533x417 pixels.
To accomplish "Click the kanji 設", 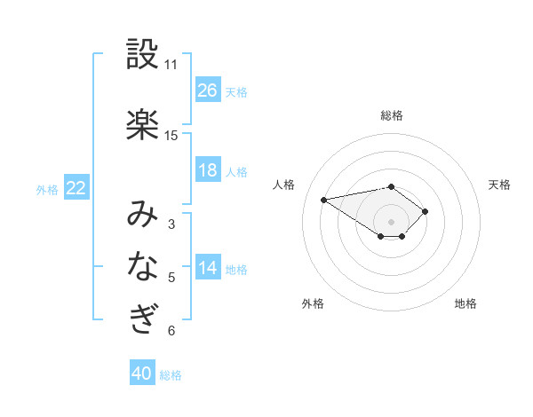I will pos(143,56).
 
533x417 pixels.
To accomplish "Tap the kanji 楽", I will pos(143,125).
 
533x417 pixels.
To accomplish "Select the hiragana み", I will pos(143,214).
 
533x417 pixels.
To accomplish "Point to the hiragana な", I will pos(143,265).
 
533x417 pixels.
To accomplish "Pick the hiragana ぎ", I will pos(143,318).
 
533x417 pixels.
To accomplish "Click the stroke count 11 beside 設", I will pos(171,65).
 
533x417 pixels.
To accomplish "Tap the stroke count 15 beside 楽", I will pos(171,136).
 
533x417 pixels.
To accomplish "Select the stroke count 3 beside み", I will pos(171,224).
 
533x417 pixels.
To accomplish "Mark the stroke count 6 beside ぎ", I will pos(171,331).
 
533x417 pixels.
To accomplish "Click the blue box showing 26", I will pos(208,90).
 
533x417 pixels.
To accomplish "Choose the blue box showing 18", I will pos(208,170).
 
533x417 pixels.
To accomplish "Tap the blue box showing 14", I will pos(208,268).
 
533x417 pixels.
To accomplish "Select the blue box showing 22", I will pos(76,188).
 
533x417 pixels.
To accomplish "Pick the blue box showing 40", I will pos(142,374).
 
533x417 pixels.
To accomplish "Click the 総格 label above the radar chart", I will pos(392,115).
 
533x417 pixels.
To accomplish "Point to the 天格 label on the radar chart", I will pos(499,185).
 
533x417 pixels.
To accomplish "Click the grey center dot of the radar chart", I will pos(392,221).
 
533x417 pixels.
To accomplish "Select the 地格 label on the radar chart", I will pos(465,303).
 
